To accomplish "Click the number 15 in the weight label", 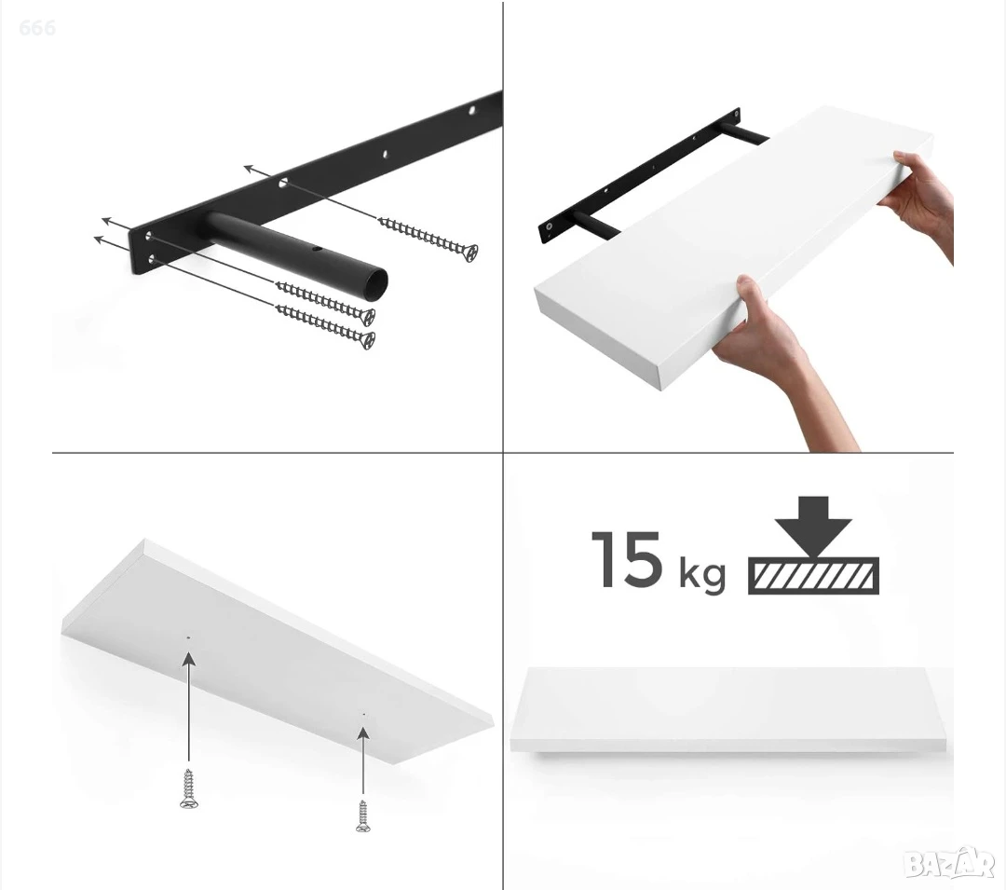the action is tap(626, 559).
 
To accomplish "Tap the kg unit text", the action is tap(702, 574).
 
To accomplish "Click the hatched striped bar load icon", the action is tap(813, 576).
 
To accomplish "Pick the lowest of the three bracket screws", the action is tap(325, 326).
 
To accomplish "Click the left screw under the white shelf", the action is tap(188, 788).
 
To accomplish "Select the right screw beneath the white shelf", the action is tap(363, 816).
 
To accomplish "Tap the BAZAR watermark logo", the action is tap(948, 864).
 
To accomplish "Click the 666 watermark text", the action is tap(37, 28).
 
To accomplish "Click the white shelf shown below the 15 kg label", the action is tap(731, 710).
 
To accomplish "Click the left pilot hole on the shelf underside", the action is tap(188, 637).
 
